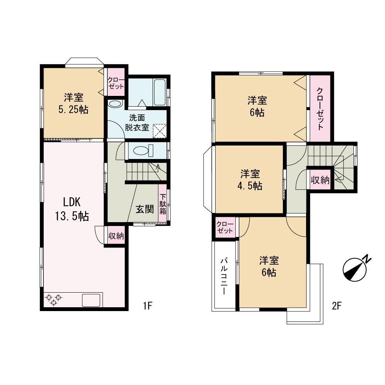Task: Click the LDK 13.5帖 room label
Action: point(72,209)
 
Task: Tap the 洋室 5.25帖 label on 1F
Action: point(74,103)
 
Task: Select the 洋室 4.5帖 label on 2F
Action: point(250,180)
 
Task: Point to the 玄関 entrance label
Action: point(145,209)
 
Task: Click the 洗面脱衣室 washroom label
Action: point(137,123)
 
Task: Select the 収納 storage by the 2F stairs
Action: point(320,180)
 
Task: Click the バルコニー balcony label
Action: point(224,276)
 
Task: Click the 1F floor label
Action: point(148,306)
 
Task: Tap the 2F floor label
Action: point(337,306)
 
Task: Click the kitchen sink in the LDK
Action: point(91,300)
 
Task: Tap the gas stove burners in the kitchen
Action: point(54,300)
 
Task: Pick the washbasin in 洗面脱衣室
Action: point(115,104)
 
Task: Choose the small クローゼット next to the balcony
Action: point(225,228)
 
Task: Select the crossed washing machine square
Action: point(160,131)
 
